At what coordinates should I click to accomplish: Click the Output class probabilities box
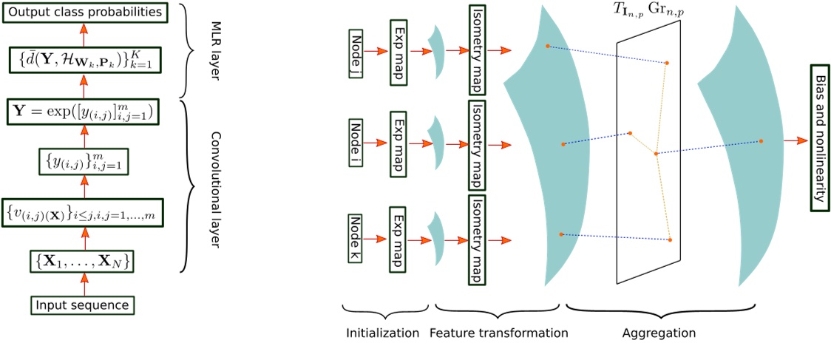pos(85,13)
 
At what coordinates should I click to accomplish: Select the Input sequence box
pos(84,304)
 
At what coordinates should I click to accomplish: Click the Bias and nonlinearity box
pos(817,140)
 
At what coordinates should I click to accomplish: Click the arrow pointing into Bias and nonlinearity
pos(796,140)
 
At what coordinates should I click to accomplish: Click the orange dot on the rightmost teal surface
pos(761,140)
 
